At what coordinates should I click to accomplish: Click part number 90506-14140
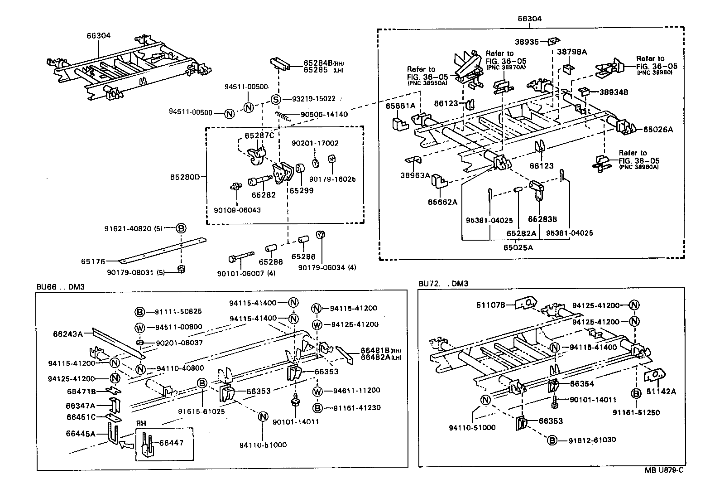click(324, 115)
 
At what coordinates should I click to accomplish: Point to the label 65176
click(93, 261)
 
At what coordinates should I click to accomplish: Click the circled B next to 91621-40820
click(181, 228)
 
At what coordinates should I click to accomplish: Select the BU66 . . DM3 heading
click(61, 287)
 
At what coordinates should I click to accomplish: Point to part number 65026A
click(658, 130)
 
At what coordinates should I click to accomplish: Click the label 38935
click(528, 42)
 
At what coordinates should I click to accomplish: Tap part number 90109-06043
click(237, 210)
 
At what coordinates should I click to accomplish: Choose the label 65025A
click(518, 247)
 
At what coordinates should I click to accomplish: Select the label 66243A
click(68, 334)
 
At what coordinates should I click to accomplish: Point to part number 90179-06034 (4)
click(327, 268)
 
